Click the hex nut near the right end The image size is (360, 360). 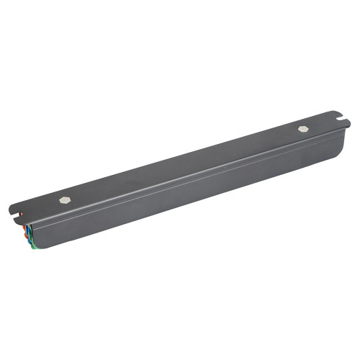coord(302,129)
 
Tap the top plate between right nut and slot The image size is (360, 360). coord(324,124)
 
